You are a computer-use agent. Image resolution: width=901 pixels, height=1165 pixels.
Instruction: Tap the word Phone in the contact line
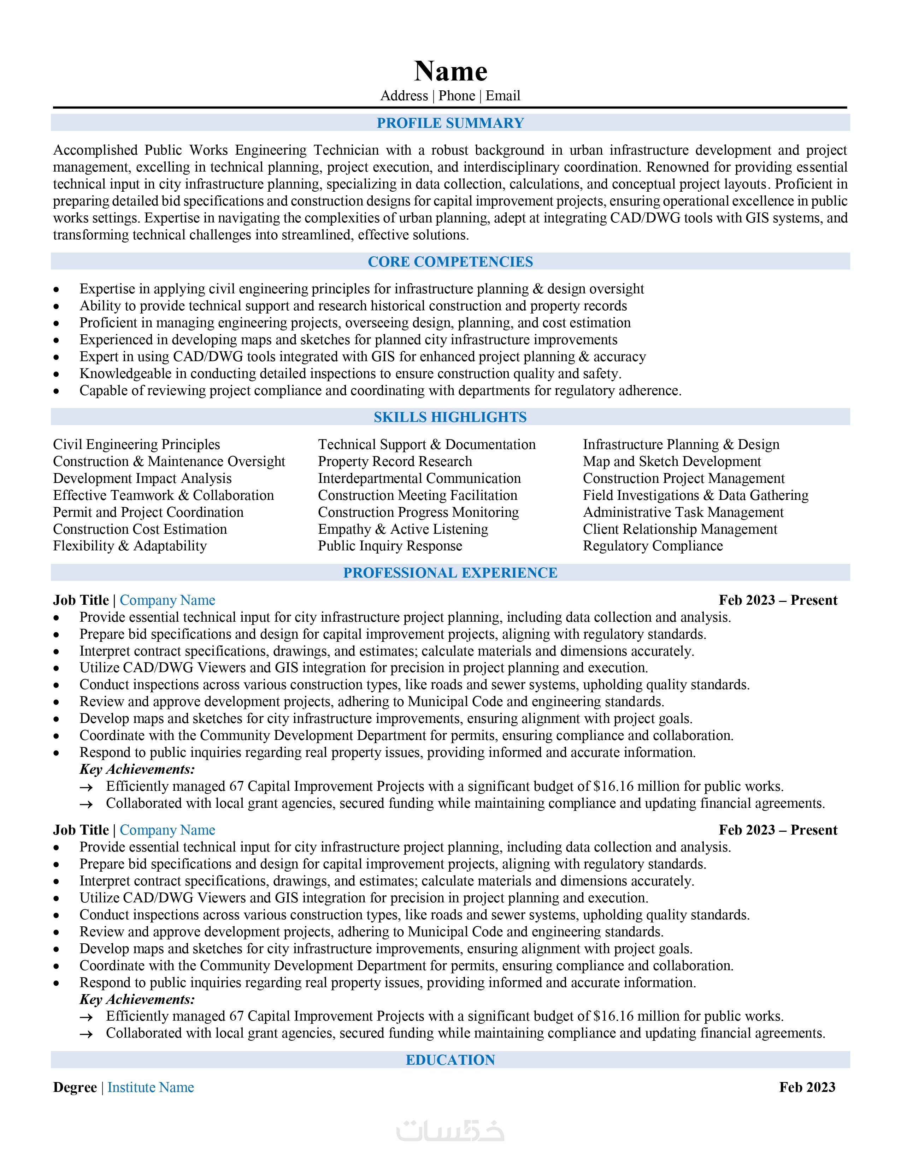457,96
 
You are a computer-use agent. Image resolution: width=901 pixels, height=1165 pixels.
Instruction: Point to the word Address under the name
404,96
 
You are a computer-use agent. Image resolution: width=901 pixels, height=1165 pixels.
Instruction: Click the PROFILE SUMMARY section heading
450,123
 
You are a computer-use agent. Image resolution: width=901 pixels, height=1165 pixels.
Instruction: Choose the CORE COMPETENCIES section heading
450,262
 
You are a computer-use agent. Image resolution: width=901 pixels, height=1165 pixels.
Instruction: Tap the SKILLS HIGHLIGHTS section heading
450,417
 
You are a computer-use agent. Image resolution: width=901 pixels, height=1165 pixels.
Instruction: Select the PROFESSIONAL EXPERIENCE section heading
450,573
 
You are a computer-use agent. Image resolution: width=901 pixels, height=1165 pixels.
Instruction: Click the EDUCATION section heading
450,1060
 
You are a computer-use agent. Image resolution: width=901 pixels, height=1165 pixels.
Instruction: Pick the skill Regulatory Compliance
653,546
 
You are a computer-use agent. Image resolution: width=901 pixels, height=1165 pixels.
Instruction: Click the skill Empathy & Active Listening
403,529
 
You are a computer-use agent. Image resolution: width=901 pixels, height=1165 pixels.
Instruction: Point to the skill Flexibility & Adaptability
130,546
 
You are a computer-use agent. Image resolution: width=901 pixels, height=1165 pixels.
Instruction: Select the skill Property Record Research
395,461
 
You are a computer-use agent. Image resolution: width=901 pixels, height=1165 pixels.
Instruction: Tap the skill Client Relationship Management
680,529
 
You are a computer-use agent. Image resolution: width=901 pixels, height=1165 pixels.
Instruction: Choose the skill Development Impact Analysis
142,478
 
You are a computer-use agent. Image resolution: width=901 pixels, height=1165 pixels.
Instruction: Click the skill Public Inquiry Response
390,546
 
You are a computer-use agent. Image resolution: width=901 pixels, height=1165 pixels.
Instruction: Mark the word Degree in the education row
75,1088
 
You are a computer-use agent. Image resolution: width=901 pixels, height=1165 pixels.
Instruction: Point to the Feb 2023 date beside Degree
807,1088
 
